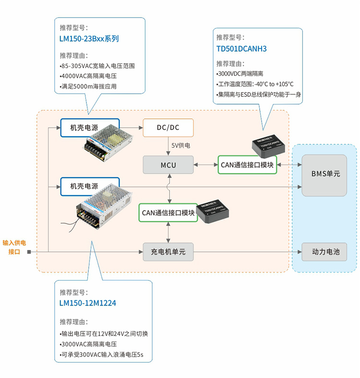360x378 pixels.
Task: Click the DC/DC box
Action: pos(168,128)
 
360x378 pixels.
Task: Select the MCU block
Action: pos(168,165)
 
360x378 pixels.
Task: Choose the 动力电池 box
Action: pos(324,251)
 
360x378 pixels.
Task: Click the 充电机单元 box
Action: pos(168,251)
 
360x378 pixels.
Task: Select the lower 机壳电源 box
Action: pos(90,186)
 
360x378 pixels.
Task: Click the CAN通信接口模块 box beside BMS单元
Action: pos(247,165)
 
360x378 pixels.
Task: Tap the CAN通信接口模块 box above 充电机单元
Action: pos(168,213)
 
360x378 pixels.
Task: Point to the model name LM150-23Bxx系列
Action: pos(89,39)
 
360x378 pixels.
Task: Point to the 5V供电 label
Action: pos(181,145)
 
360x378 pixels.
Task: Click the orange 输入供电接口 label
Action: pos(14,247)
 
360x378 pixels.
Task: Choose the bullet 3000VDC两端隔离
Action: pos(240,73)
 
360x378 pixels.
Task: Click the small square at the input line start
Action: pos(29,251)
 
